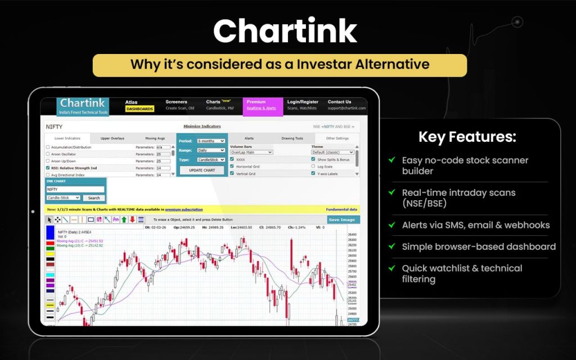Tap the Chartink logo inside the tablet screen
[83, 105]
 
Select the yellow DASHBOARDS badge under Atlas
[139, 109]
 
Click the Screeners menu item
[176, 102]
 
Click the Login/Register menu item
[302, 102]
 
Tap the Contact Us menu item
[339, 102]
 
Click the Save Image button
[342, 219]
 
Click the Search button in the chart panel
[94, 198]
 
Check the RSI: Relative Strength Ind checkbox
[48, 168]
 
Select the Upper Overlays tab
[112, 138]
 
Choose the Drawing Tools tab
[292, 138]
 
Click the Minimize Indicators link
[202, 127]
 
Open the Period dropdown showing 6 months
[211, 141]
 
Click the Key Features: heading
[467, 137]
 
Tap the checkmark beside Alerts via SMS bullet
[391, 224]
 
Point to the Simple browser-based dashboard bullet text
[478, 246]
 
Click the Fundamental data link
[341, 209]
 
